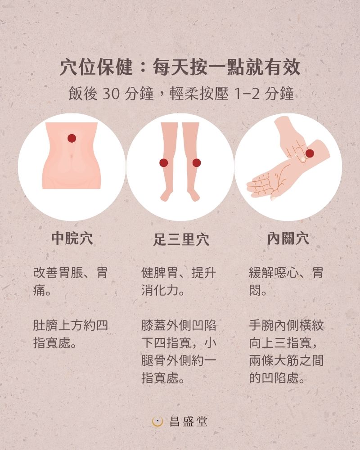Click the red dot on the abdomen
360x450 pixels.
pos(72,138)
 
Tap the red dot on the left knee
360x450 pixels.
pos(164,163)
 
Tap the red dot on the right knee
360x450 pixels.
pos(196,163)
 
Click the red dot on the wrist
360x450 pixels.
pos(310,153)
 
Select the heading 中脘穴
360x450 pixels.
pos(72,238)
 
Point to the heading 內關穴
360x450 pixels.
pos(288,238)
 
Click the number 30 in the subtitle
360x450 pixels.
pos(111,94)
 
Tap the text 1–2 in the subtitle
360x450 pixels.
pos(247,94)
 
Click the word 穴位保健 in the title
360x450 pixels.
pos(96,68)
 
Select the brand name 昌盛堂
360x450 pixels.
pos(189,422)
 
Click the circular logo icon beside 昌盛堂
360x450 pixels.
pos(157,422)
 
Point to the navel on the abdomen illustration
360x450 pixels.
pos(72,157)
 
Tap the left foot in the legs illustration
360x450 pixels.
pos(167,195)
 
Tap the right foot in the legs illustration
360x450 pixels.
pos(193,195)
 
